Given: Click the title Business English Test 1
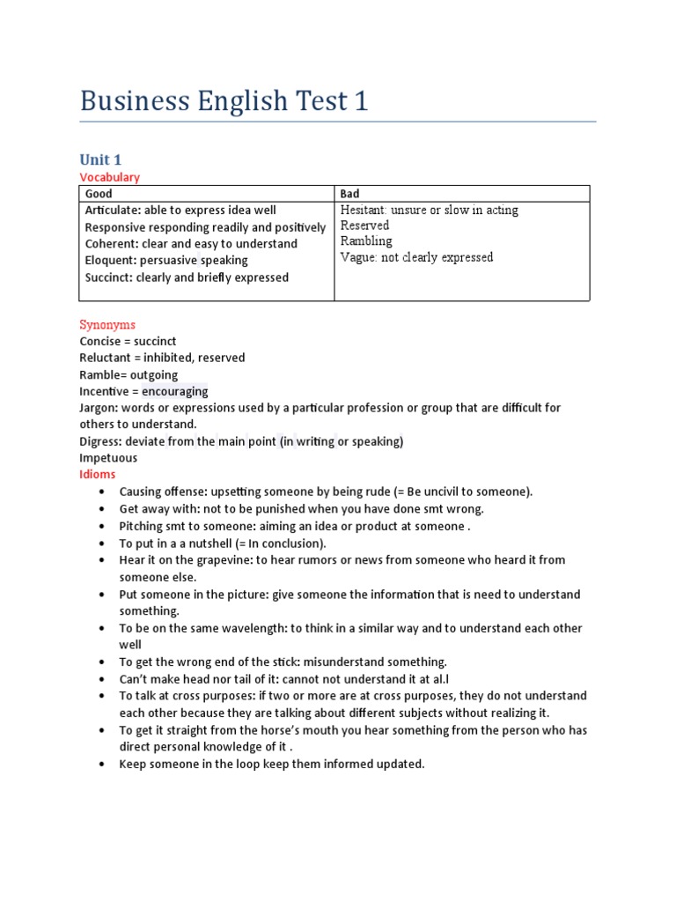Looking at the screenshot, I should [224, 101].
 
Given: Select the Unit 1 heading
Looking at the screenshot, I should [100, 159].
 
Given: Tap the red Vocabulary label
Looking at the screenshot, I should [109, 177].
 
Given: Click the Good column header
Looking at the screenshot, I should [99, 194].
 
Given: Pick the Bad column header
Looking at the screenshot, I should [349, 194].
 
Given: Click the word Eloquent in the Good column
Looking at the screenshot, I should [111, 261].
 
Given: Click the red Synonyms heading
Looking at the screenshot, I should [107, 324].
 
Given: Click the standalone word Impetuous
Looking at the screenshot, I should [108, 458].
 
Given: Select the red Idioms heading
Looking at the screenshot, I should [97, 475].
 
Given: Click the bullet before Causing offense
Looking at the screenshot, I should [103, 492].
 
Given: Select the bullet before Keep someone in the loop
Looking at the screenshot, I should [103, 765].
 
